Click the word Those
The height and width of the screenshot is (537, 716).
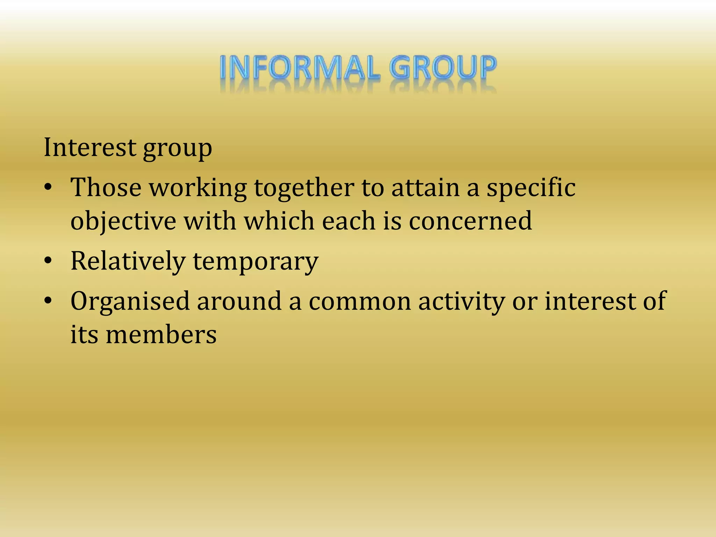pyautogui.click(x=106, y=188)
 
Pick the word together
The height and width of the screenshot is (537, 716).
pyautogui.click(x=304, y=188)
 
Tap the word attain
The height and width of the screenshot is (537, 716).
pyautogui.click(x=425, y=188)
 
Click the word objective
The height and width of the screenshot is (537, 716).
pyautogui.click(x=123, y=222)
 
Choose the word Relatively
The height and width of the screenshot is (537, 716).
pyautogui.click(x=128, y=261)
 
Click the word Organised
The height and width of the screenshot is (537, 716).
pyautogui.click(x=130, y=301)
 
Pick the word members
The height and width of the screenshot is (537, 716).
pyautogui.click(x=161, y=335)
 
